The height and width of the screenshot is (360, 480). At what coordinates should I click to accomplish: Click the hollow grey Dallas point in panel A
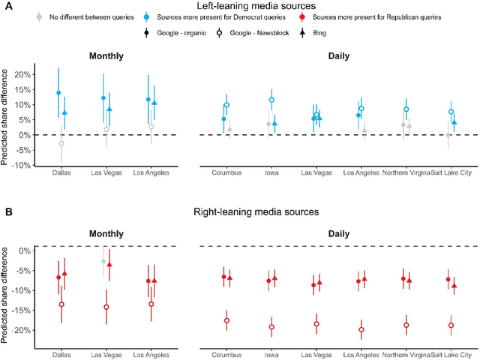(x=61, y=143)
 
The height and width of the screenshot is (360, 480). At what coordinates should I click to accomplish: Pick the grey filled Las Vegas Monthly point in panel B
(x=103, y=261)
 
